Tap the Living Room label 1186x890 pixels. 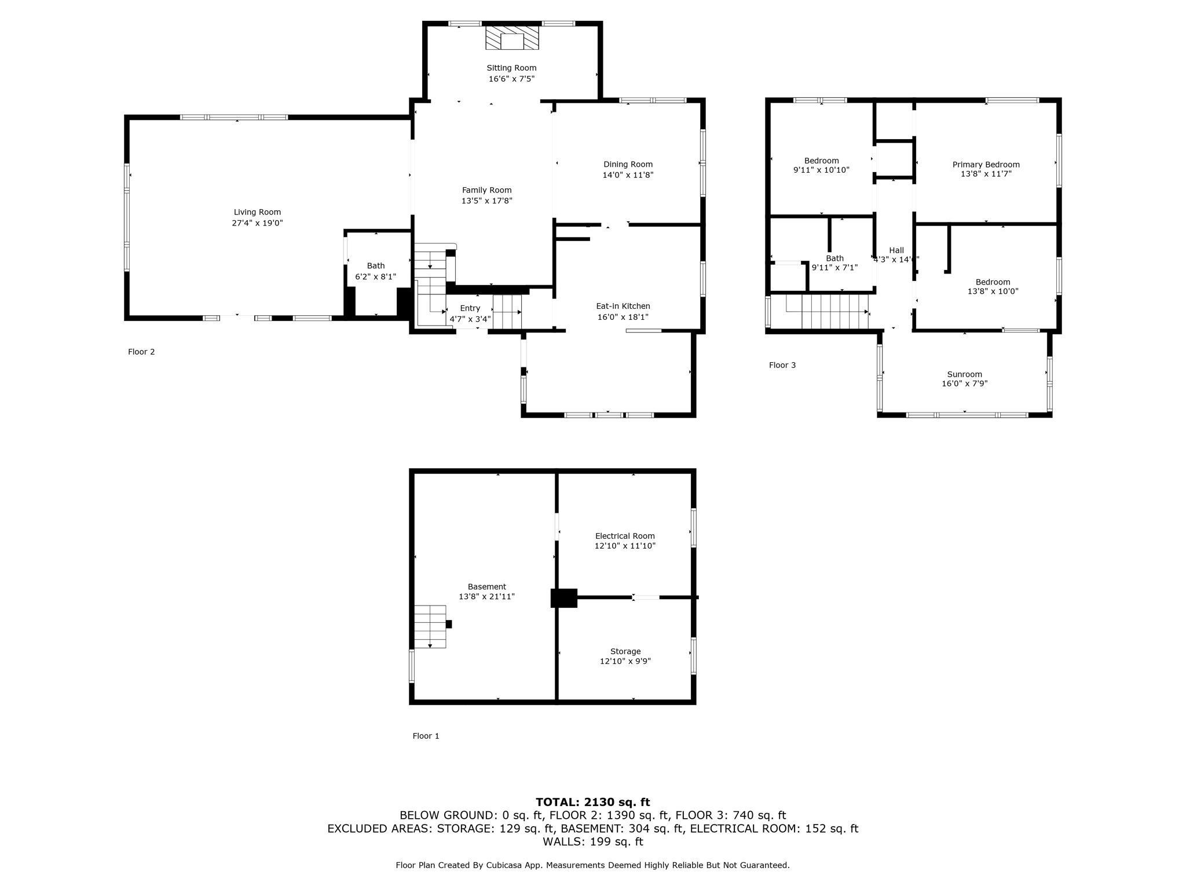[257, 212]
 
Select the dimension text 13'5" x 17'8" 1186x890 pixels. [486, 201]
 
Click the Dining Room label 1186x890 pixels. [628, 165]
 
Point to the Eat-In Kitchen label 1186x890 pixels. [623, 306]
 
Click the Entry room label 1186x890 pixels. [470, 308]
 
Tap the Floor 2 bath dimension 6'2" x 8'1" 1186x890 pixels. [375, 277]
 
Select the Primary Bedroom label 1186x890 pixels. [986, 165]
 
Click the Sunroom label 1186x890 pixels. [964, 374]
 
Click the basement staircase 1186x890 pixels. [430, 626]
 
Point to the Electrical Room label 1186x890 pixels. [625, 536]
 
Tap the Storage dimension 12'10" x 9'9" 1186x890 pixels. [625, 661]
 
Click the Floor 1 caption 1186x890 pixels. [426, 736]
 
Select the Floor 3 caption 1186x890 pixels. [782, 365]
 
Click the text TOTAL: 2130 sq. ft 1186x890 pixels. [592, 802]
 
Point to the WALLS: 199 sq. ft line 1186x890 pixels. [592, 841]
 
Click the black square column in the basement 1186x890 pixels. [563, 598]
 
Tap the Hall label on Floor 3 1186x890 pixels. [896, 250]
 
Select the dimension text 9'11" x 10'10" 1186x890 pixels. [821, 170]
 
